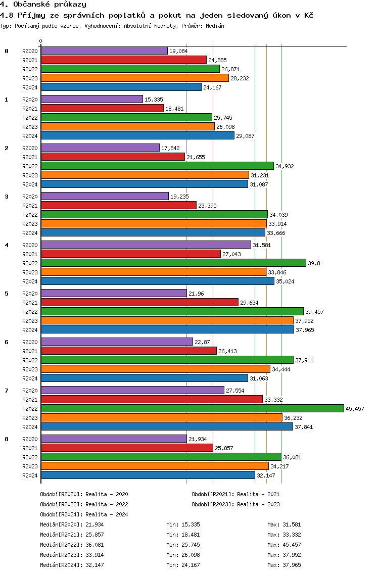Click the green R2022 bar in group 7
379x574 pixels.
[192, 408]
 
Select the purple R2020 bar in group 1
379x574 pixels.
[92, 99]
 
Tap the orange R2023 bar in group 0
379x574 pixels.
[134, 78]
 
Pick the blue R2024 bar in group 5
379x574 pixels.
[167, 329]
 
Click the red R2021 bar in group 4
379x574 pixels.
[130, 254]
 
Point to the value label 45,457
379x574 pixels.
[355, 409]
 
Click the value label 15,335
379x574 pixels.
[154, 100]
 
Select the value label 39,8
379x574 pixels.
[314, 263]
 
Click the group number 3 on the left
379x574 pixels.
[7, 196]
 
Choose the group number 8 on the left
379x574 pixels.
[7, 439]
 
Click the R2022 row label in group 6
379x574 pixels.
[30, 360]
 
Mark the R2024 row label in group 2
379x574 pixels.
[30, 184]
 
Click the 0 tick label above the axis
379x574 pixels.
[41, 41]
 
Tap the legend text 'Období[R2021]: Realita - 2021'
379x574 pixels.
[235, 494]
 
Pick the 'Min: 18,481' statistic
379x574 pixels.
[183, 535]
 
